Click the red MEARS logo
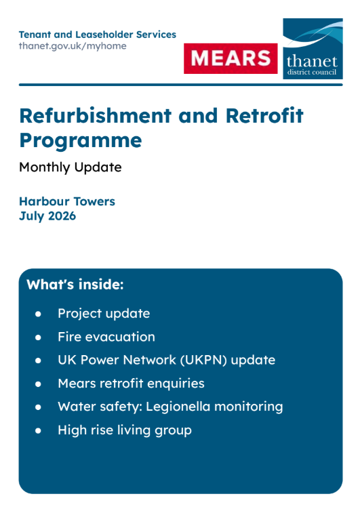point(231,58)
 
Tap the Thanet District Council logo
point(313,49)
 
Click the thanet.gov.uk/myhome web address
point(73,46)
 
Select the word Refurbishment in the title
point(96,115)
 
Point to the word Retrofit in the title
point(264,115)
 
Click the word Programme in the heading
point(81,141)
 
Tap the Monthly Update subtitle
point(71,167)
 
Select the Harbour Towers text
point(67,201)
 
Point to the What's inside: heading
point(75,285)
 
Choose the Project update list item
point(104,314)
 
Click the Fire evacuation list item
point(106,337)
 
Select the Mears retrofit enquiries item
point(131,384)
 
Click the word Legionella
point(178,407)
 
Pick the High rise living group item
point(125,430)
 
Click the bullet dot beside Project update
point(38,314)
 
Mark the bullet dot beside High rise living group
point(38,431)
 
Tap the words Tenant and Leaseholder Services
point(98,35)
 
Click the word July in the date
point(32,216)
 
